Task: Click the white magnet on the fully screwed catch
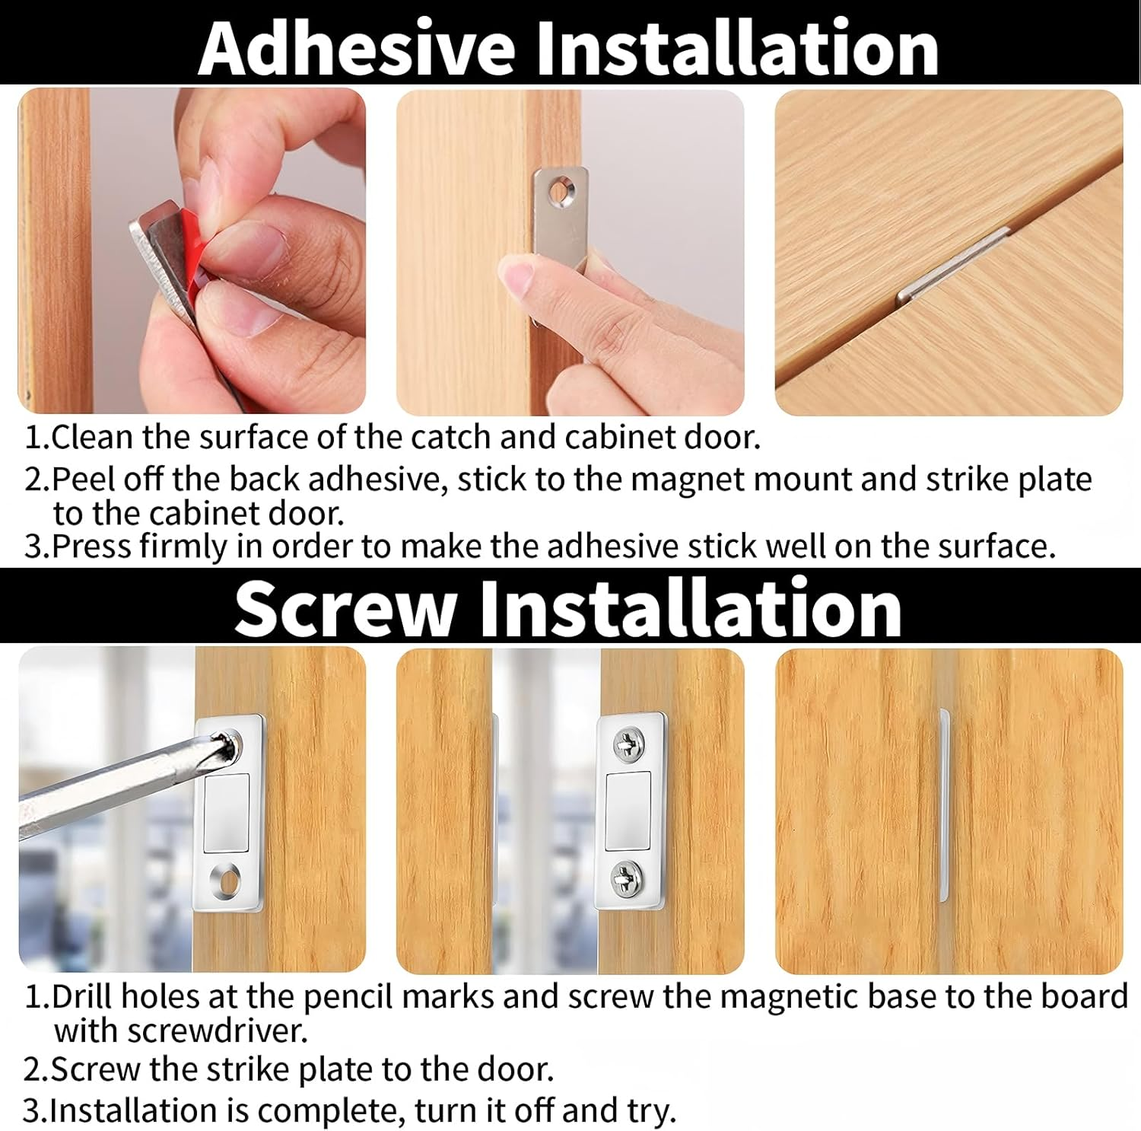pos(628,810)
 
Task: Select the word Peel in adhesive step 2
pos(84,480)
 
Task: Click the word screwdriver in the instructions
pos(218,1031)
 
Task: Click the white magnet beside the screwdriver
pos(227,812)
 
